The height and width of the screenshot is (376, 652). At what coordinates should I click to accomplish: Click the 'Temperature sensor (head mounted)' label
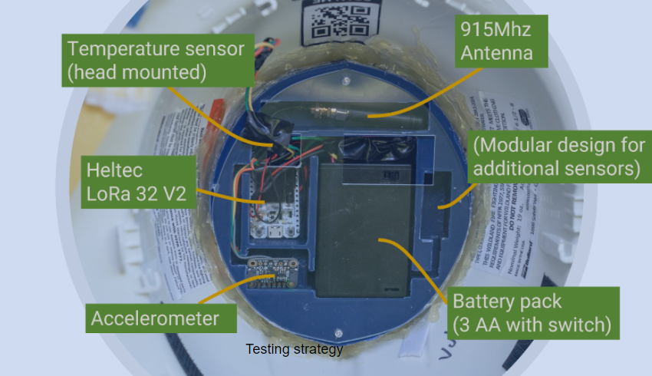[156, 61]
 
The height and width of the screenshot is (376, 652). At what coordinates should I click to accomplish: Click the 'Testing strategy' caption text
[294, 349]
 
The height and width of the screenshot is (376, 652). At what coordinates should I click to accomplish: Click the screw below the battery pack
[338, 333]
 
